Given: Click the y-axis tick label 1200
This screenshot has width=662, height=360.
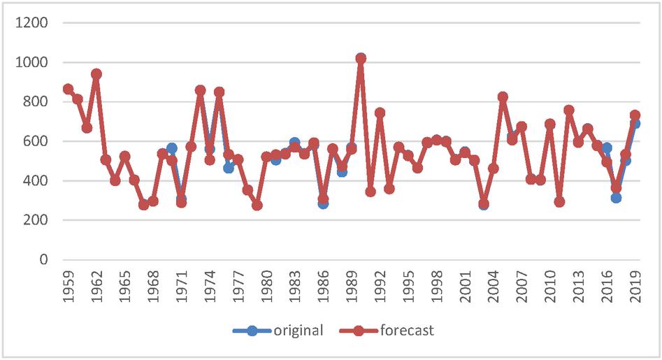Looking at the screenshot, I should [34, 23].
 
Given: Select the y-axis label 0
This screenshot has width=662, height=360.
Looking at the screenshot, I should [44, 260].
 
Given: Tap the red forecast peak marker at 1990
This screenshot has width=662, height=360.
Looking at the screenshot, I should [361, 59].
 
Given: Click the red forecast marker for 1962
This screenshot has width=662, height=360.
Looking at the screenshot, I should [96, 74].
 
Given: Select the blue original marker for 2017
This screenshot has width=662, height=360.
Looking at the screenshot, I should [616, 198].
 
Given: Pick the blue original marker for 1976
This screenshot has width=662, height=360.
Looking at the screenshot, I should [229, 168].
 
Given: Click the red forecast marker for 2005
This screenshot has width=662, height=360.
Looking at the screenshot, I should [503, 97].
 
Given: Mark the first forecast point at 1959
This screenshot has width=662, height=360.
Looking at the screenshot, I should [68, 89].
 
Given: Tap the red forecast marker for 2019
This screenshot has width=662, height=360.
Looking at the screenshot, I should [635, 115].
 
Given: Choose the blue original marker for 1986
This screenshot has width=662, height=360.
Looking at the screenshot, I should [323, 203].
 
